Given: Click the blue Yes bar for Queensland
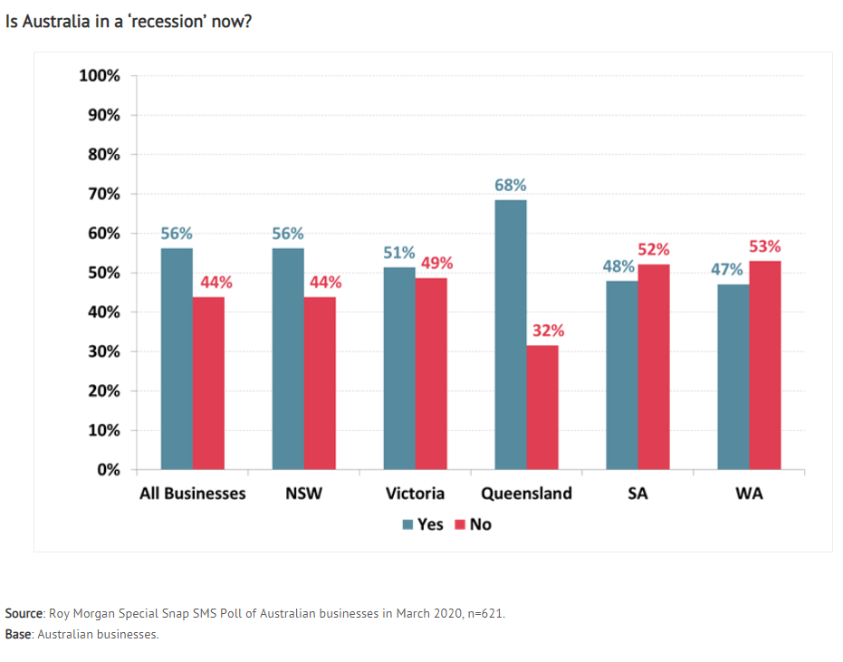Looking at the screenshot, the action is coord(511,335).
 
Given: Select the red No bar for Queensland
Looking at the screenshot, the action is coord(542,408).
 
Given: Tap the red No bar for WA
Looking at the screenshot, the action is coord(765,366).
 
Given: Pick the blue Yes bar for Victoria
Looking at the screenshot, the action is coord(399,369).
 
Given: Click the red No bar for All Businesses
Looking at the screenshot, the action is coord(208,383).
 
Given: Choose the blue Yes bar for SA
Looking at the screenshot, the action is coord(622,375).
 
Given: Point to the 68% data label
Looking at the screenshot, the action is coord(510,185).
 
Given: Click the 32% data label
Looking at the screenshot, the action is coord(549,331).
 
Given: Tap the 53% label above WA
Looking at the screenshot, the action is coord(765,246).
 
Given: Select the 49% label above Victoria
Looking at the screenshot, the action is coord(436,263).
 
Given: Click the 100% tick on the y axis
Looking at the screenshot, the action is coord(100,76).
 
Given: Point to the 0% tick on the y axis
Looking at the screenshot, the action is coord(109,470).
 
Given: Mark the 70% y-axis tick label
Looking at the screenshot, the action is coord(104,194).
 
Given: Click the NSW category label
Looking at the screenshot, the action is coord(303,494).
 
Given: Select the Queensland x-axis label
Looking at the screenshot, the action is coord(526,494).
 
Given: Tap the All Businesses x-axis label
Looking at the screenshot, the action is coord(193,494).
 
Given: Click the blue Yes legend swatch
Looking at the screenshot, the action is coord(407,525).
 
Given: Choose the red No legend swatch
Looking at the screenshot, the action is coord(460,525).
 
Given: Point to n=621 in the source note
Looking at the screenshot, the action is coord(486,614).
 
